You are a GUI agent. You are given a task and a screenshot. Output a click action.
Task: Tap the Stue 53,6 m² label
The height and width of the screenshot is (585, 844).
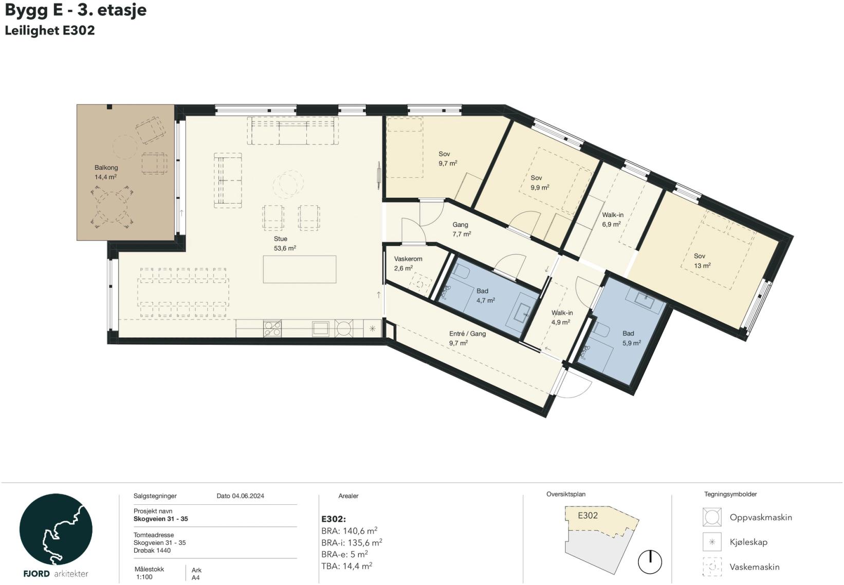(284, 244)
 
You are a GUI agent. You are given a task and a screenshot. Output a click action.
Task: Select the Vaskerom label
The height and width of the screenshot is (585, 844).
(408, 259)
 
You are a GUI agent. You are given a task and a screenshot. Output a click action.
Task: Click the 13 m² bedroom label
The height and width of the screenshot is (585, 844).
(702, 261)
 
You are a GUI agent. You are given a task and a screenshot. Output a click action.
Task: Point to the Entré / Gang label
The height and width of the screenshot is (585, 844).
(467, 334)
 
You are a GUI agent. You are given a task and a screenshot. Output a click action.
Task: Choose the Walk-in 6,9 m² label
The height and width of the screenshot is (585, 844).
(612, 220)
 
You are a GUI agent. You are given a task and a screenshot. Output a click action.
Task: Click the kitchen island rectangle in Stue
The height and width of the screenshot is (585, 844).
(300, 269)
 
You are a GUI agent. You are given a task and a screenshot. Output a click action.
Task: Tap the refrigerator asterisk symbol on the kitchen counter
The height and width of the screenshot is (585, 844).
(372, 328)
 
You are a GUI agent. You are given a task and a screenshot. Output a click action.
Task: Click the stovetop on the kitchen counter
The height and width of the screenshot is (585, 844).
(272, 328)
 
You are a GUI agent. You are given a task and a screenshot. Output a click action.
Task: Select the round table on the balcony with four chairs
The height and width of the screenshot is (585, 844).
(112, 208)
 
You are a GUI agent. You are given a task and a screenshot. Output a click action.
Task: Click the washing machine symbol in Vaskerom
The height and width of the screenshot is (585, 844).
(420, 283)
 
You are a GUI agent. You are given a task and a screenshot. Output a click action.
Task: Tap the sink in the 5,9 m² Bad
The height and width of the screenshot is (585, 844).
(646, 300)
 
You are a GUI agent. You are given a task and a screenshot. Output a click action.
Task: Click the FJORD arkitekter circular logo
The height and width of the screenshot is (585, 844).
(56, 529)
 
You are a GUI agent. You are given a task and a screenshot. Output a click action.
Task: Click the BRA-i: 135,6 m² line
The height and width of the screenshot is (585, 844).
(352, 543)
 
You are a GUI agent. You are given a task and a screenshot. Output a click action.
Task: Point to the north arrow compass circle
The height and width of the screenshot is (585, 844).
(650, 562)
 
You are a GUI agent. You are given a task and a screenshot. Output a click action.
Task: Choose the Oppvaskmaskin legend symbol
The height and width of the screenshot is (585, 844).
(712, 517)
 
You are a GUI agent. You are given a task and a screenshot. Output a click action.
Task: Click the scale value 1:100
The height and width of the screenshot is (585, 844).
(144, 577)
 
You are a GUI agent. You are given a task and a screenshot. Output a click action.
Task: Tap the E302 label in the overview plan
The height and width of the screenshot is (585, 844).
(588, 515)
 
